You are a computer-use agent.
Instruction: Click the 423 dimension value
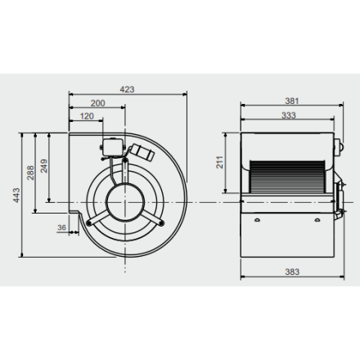click(x=127, y=89)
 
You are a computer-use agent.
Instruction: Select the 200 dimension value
click(x=97, y=103)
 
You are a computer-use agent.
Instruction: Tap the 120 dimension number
click(x=87, y=116)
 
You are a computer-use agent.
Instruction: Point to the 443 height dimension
click(x=16, y=195)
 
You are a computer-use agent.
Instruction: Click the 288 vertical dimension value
click(x=30, y=173)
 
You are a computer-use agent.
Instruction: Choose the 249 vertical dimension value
click(x=44, y=166)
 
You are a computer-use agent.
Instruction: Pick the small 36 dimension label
click(x=61, y=227)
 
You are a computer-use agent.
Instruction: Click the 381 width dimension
click(x=292, y=101)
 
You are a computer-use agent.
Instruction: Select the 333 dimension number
click(x=289, y=115)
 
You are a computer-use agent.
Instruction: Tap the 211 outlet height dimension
click(x=220, y=162)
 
